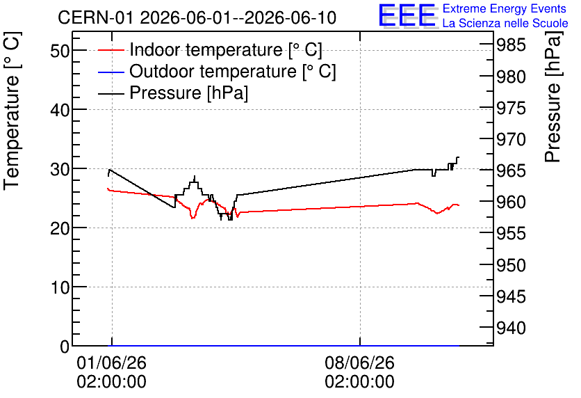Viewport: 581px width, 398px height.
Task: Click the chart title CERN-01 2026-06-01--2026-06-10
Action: coord(197,17)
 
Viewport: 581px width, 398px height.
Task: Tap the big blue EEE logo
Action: coord(407,15)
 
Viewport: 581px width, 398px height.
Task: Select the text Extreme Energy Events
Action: coord(505,8)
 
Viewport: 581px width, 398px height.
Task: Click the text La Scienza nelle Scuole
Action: coord(505,23)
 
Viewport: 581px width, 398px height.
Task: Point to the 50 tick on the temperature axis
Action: coord(60,50)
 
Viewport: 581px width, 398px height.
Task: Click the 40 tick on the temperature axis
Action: coord(60,109)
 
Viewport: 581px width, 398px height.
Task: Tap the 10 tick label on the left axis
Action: coord(60,287)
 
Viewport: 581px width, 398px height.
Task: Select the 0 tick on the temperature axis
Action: coord(65,347)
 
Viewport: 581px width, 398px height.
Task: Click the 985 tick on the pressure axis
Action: coord(511,45)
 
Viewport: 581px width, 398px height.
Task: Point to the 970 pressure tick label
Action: coord(511,139)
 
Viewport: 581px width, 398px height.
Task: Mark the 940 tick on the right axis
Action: coord(511,328)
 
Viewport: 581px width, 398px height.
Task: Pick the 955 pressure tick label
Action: coord(511,234)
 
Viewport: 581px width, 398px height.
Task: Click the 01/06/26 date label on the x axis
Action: coord(111,363)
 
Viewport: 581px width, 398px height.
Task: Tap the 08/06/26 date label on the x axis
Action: coord(360,363)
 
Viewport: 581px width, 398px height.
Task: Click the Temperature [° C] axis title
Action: coord(12,111)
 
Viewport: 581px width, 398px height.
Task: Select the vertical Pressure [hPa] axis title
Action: coord(553,97)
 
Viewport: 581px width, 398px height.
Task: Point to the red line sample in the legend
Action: coord(111,50)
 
